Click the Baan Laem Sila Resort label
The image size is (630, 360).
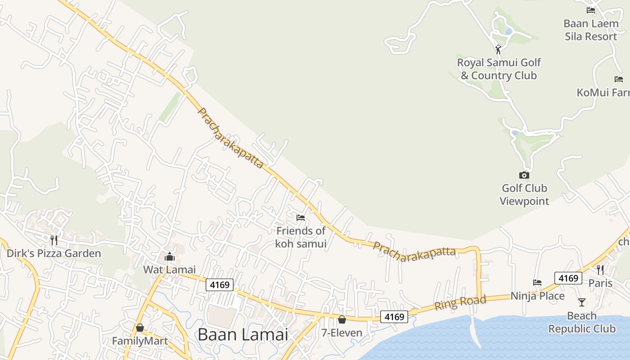591,30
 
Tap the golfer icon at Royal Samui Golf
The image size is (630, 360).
498,49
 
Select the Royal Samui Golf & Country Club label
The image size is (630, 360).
499,69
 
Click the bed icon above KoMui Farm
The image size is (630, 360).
619,79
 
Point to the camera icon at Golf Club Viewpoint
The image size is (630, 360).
524,175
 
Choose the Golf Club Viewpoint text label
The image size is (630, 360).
524,194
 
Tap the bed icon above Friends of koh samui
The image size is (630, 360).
301,218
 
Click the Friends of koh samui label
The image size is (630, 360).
301,237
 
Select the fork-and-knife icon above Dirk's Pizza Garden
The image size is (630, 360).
54,240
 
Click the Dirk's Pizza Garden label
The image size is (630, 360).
54,253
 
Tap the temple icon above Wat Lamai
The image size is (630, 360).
170,257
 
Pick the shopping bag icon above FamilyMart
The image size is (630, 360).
140,328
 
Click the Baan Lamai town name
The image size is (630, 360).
243,335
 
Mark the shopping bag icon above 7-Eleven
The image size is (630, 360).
342,319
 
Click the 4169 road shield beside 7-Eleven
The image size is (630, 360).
394,317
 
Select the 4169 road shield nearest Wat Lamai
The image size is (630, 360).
220,284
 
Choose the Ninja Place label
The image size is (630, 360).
537,296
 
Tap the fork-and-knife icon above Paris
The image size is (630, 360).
600,270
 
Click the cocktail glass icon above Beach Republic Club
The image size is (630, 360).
582,302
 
